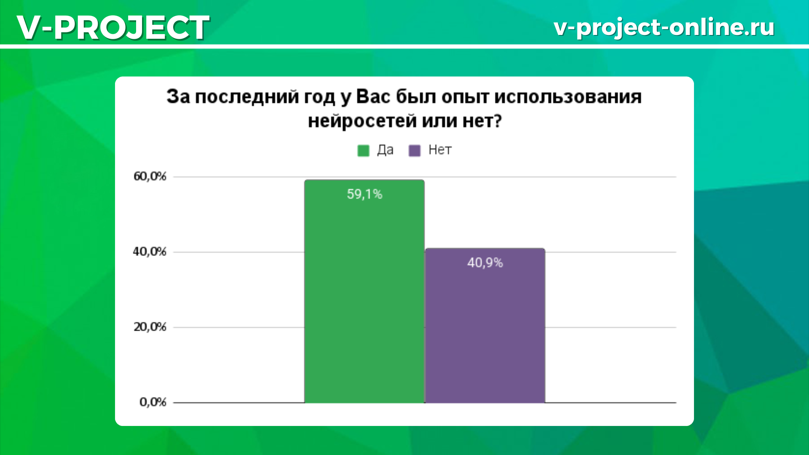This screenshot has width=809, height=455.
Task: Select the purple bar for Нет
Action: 485,326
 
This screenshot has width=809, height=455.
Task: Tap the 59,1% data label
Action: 364,194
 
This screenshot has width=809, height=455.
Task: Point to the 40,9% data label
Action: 485,263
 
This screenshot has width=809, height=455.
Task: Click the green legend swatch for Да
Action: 363,150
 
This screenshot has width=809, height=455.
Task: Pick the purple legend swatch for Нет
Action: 415,150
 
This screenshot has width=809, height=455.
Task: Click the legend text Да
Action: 385,150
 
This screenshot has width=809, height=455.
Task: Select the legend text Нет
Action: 440,150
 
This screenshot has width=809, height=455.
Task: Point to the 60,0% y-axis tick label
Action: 150,177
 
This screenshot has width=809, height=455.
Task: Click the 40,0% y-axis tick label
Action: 150,252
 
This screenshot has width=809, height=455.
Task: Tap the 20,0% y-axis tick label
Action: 150,327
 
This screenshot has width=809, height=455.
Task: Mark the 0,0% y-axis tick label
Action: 153,402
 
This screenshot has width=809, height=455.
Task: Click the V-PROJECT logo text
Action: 113,27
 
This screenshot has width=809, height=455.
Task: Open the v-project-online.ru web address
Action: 664,27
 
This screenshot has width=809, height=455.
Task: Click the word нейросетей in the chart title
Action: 362,121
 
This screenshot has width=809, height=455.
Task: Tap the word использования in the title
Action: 568,97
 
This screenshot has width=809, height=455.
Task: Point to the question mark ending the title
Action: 497,120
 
